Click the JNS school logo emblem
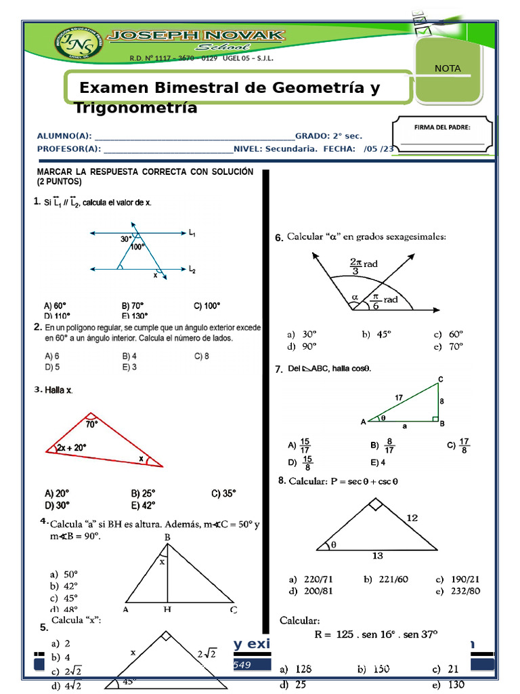(75, 45)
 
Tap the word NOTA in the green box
(448, 68)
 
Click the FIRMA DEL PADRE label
(442, 127)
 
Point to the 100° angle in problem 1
(139, 247)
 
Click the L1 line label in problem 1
(192, 234)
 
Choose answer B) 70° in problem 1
(133, 306)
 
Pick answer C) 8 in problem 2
(202, 356)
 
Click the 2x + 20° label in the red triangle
(71, 447)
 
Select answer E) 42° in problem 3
(143, 505)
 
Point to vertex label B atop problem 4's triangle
(167, 537)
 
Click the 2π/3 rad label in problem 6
(363, 266)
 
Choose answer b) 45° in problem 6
(375, 334)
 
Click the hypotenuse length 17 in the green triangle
(399, 397)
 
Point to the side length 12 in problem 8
(412, 518)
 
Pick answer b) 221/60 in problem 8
(385, 579)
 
